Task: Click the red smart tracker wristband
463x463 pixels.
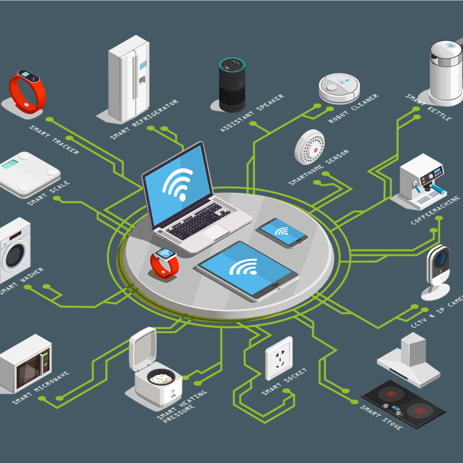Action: click(27, 91)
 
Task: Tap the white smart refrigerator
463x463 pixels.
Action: click(128, 79)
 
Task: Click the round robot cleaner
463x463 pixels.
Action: click(339, 88)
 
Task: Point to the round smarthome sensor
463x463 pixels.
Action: click(309, 147)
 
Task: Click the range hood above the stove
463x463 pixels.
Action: click(409, 360)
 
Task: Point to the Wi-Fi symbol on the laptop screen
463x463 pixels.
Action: click(178, 183)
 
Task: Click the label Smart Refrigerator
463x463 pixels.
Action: click(144, 120)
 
